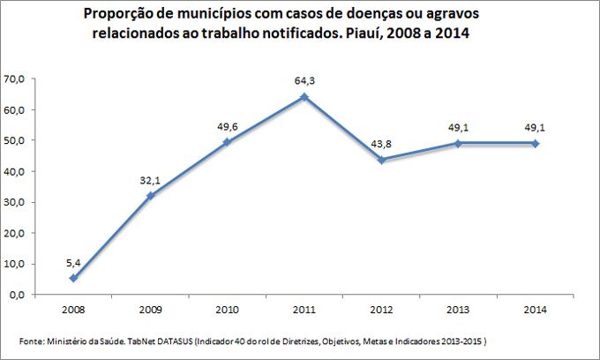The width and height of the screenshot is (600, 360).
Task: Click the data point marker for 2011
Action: [x=304, y=97]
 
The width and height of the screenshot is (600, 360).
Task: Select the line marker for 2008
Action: [x=73, y=278]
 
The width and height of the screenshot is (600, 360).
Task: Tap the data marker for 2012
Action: [x=380, y=160]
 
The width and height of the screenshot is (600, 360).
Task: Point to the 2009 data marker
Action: [x=150, y=196]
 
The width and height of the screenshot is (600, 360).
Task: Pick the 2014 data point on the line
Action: [x=534, y=144]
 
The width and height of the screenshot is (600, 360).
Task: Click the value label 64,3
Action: [x=304, y=81]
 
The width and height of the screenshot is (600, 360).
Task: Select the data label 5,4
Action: [x=73, y=262]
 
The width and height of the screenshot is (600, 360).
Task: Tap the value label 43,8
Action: [x=380, y=144]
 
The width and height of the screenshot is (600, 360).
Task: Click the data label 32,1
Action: [x=150, y=180]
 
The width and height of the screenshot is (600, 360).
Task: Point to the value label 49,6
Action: [x=227, y=126]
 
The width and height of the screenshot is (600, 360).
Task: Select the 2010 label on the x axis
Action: [x=227, y=311]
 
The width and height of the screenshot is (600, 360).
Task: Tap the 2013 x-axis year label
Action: [x=457, y=311]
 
